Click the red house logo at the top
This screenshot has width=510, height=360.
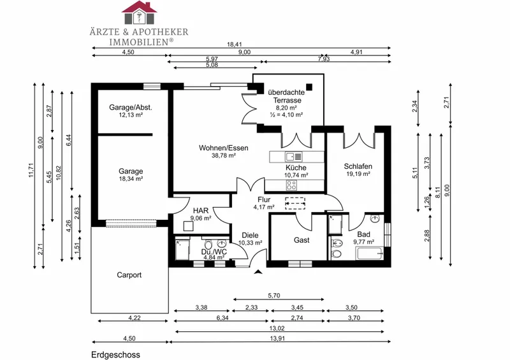139,13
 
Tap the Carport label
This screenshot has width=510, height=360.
129,275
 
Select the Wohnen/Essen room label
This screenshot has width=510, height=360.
224,148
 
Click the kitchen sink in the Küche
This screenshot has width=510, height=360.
293,157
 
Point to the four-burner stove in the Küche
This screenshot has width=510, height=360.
291,185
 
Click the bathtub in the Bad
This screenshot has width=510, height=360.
370,254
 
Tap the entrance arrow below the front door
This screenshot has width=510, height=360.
259,272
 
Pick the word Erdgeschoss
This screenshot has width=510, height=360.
115,354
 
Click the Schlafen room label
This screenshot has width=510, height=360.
358,166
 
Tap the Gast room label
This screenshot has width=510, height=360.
302,240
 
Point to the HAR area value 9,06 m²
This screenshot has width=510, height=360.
201,218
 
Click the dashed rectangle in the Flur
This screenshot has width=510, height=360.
295,203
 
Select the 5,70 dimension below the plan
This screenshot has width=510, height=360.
274,296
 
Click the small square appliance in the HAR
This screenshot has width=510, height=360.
188,226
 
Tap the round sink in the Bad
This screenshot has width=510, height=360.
375,218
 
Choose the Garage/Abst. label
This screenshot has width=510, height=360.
131,107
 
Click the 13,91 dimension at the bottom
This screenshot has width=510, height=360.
277,338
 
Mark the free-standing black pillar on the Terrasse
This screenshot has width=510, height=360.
309,87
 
